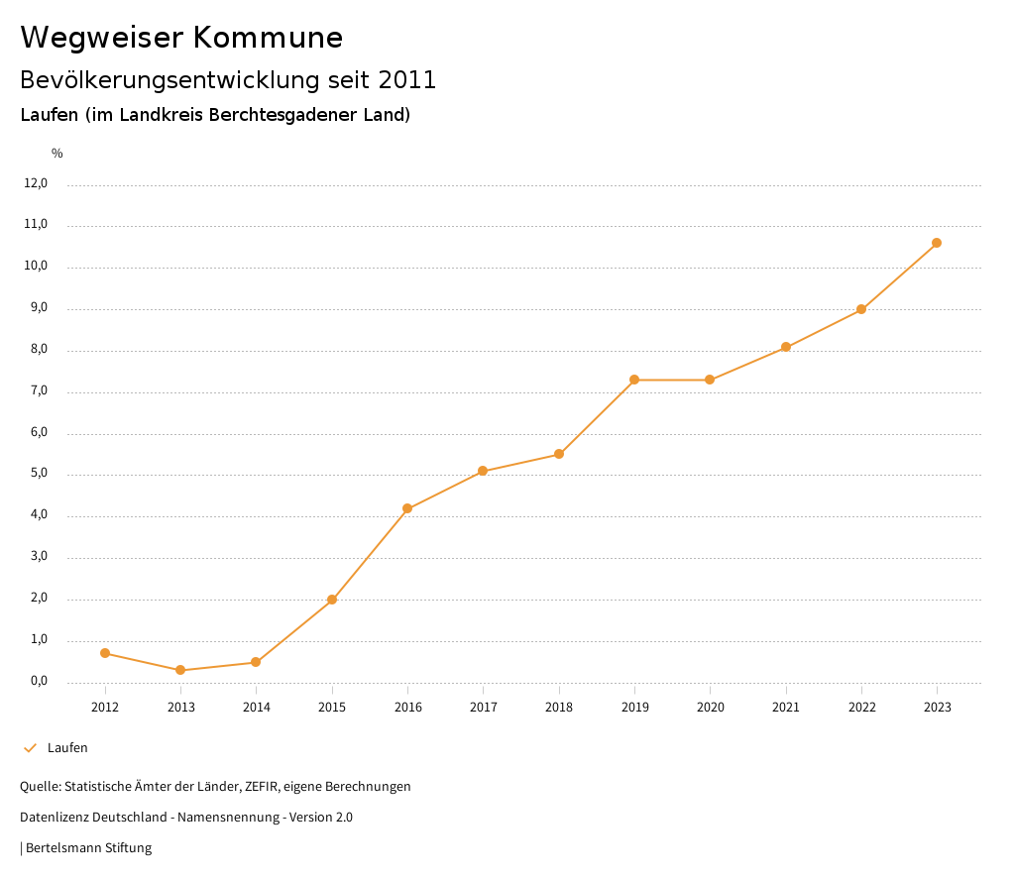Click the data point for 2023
pos(937,243)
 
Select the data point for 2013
pos(180,670)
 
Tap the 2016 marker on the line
pos(407,508)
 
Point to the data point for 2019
pos(634,380)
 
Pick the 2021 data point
pos(786,347)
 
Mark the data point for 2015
pos(332,600)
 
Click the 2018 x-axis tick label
pos(559,707)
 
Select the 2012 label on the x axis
pos(105,707)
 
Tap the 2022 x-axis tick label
pos(861,707)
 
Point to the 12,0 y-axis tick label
pos(36,183)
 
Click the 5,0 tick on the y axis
pos(39,474)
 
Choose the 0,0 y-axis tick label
pos(39,681)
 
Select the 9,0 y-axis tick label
pos(39,308)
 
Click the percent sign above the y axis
pos(57,154)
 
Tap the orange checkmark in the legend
pos(30,748)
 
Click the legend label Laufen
pos(67,748)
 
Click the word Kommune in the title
pos(268,38)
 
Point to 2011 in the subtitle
pos(407,80)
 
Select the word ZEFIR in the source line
pos(263,787)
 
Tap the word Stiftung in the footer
pos(128,848)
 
